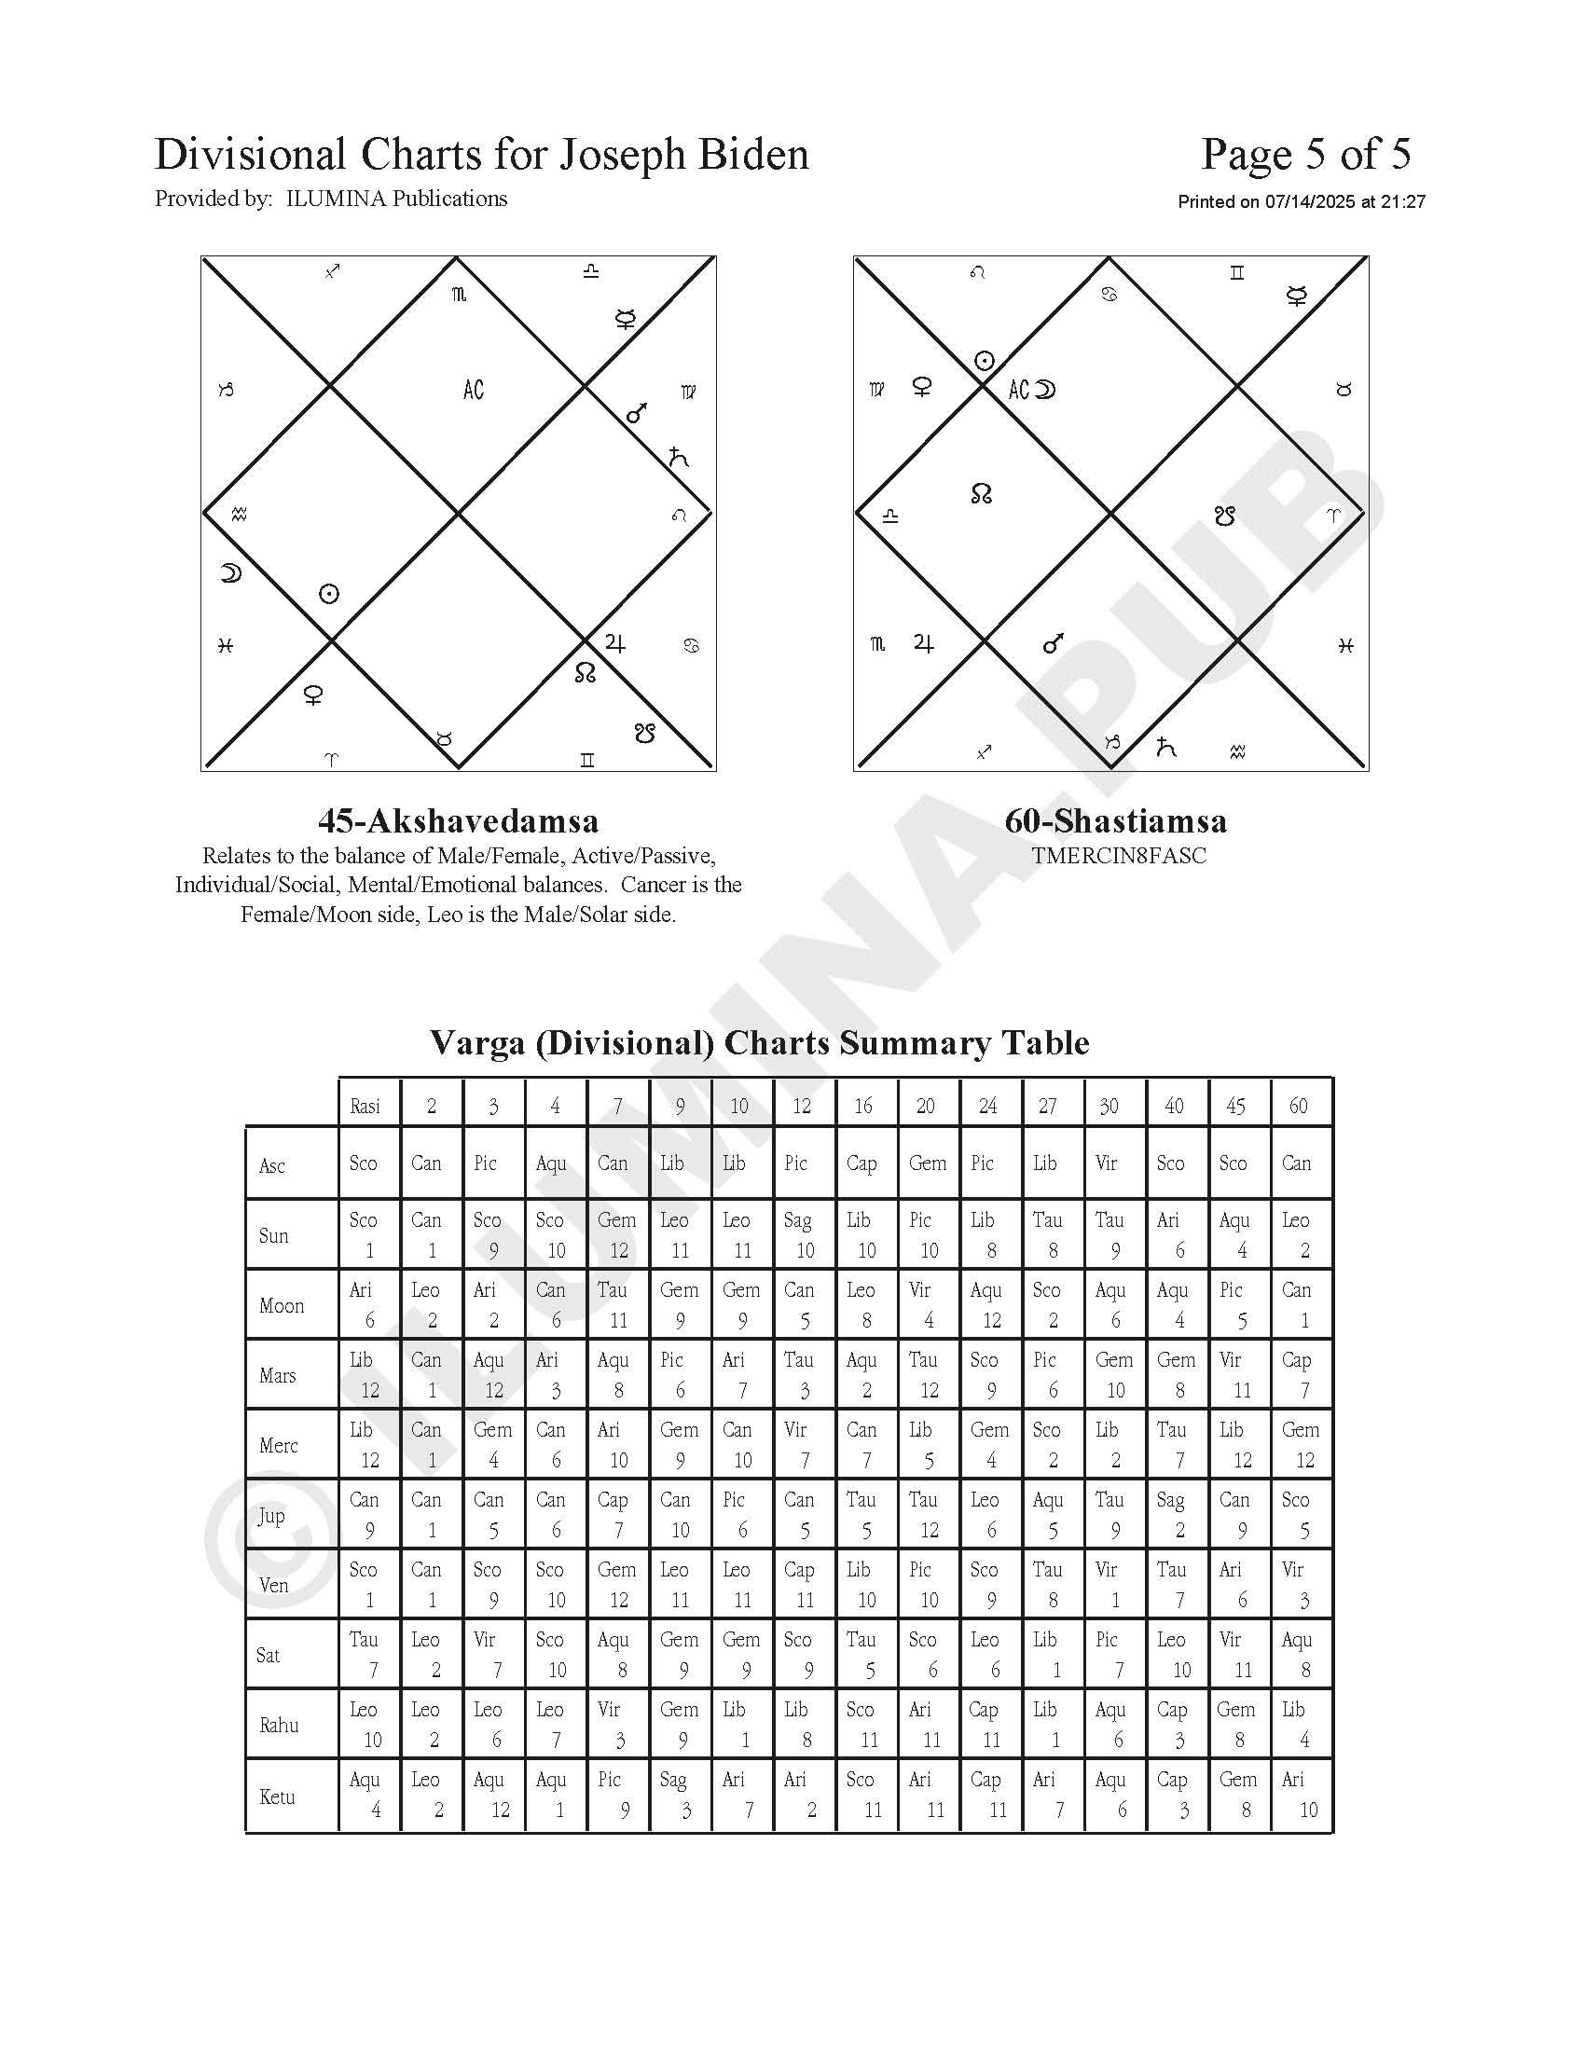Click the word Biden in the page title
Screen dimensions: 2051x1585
pos(752,155)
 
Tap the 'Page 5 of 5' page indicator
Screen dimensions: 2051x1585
pos(1305,155)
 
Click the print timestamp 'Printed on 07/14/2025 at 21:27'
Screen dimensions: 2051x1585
pos(1302,202)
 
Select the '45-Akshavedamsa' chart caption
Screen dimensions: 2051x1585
pos(458,821)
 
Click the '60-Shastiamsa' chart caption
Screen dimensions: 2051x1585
pos(1115,821)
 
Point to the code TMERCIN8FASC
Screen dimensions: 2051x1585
pos(1118,856)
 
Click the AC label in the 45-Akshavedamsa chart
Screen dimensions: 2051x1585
pos(474,390)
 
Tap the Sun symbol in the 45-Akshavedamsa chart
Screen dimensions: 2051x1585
pos(328,594)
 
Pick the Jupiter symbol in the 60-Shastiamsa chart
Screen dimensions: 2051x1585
pos(924,644)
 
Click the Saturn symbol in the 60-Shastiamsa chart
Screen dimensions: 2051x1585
pos(1165,748)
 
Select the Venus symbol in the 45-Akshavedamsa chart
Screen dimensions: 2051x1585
pos(312,695)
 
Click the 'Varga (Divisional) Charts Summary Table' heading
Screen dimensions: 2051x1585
pos(759,1043)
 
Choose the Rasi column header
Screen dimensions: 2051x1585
pos(365,1107)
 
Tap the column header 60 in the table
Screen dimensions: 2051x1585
pos(1298,1107)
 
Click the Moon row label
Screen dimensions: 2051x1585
pos(282,1306)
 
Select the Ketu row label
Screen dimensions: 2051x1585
pos(278,1797)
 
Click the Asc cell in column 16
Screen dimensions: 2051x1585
pos(862,1164)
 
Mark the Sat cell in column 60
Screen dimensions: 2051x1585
pos(1298,1656)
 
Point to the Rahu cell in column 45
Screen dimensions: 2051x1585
pos(1236,1725)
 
